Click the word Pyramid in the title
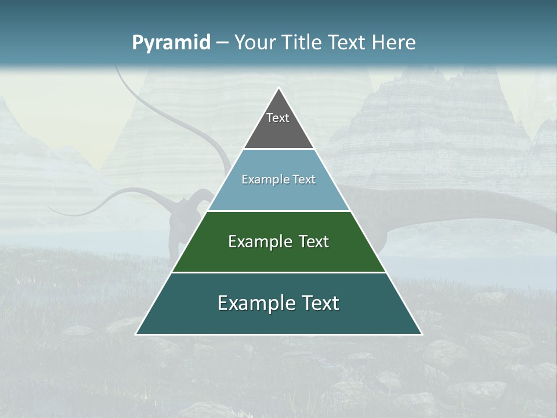[x=171, y=43]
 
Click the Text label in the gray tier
[x=278, y=118]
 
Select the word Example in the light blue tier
[x=263, y=180]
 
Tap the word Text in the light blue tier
[x=303, y=180]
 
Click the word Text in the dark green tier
[x=314, y=242]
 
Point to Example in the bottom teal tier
[x=254, y=304]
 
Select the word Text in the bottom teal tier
[x=320, y=304]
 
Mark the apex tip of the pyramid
[x=278, y=88]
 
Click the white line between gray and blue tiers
[x=278, y=149]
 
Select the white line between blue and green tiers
[x=278, y=211]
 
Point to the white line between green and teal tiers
[x=278, y=272]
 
